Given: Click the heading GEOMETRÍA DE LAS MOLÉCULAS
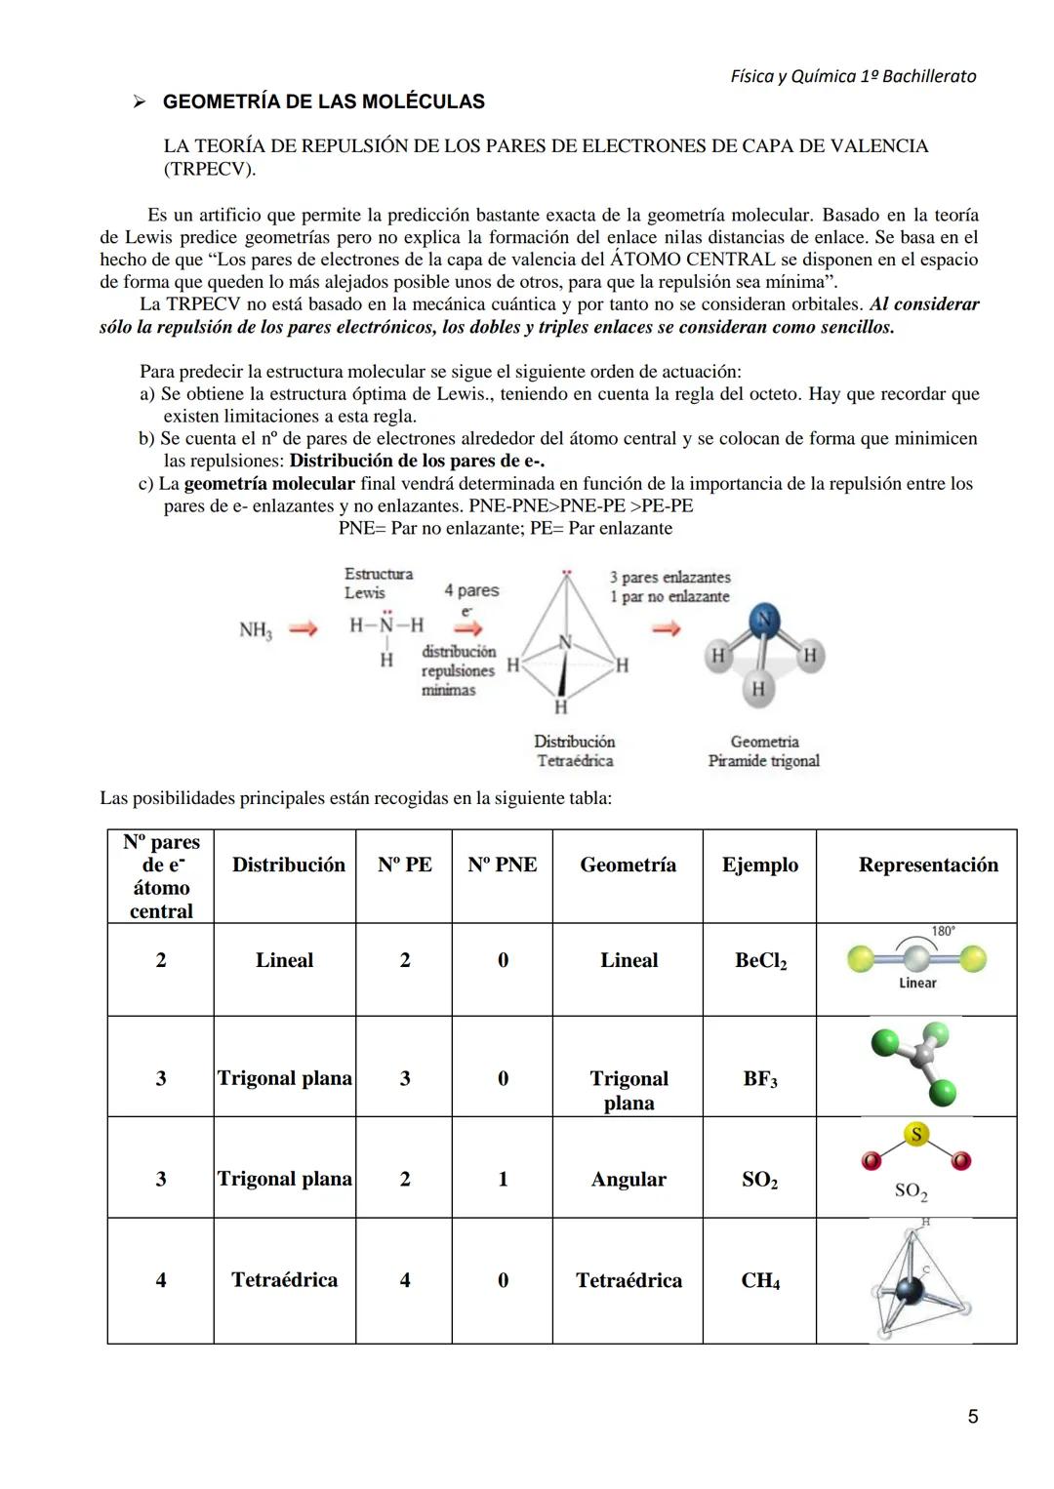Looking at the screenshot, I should (323, 101).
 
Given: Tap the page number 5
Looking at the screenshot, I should (972, 1416).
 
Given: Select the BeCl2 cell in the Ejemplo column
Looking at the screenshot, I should (760, 960).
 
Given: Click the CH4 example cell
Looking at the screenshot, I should (760, 1280).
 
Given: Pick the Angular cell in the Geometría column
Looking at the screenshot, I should (628, 1179).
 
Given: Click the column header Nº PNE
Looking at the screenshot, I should (502, 865).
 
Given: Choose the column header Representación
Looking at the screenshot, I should (928, 865).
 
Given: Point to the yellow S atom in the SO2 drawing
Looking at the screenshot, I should (915, 1135).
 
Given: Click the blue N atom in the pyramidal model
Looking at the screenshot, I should (765, 619).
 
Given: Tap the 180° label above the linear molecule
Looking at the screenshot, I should (943, 932).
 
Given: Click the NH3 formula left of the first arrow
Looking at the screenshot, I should (256, 630).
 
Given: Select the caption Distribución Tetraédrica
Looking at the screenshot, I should (574, 750).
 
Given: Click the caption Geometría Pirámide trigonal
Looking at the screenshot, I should (764, 750).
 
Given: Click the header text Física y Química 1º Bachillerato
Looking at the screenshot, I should (853, 76).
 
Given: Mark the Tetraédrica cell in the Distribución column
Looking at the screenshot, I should (284, 1280).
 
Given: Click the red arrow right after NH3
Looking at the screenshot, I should (304, 630).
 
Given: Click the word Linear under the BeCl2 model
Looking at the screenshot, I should (917, 983).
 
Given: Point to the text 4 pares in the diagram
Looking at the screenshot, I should (471, 590).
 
